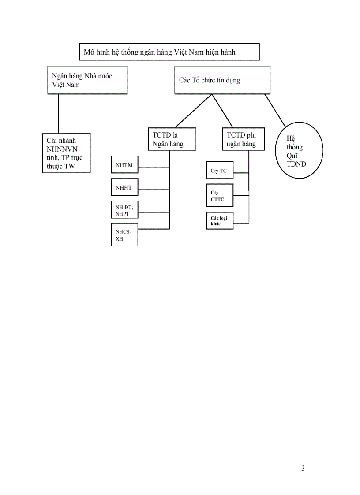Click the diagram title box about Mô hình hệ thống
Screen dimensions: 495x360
(169, 52)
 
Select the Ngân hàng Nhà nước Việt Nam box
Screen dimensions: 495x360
(87, 80)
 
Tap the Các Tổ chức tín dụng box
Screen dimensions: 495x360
(222, 80)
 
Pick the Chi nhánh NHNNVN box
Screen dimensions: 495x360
(66, 153)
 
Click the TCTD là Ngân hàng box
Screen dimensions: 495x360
(172, 139)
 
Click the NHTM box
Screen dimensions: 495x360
(124, 166)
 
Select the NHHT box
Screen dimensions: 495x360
(124, 188)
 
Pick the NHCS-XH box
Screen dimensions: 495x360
(124, 234)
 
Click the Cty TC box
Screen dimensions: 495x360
(220, 171)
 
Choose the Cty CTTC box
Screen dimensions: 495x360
(220, 196)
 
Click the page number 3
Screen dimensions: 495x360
(303, 469)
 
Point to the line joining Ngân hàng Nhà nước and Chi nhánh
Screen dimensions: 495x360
(59, 114)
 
